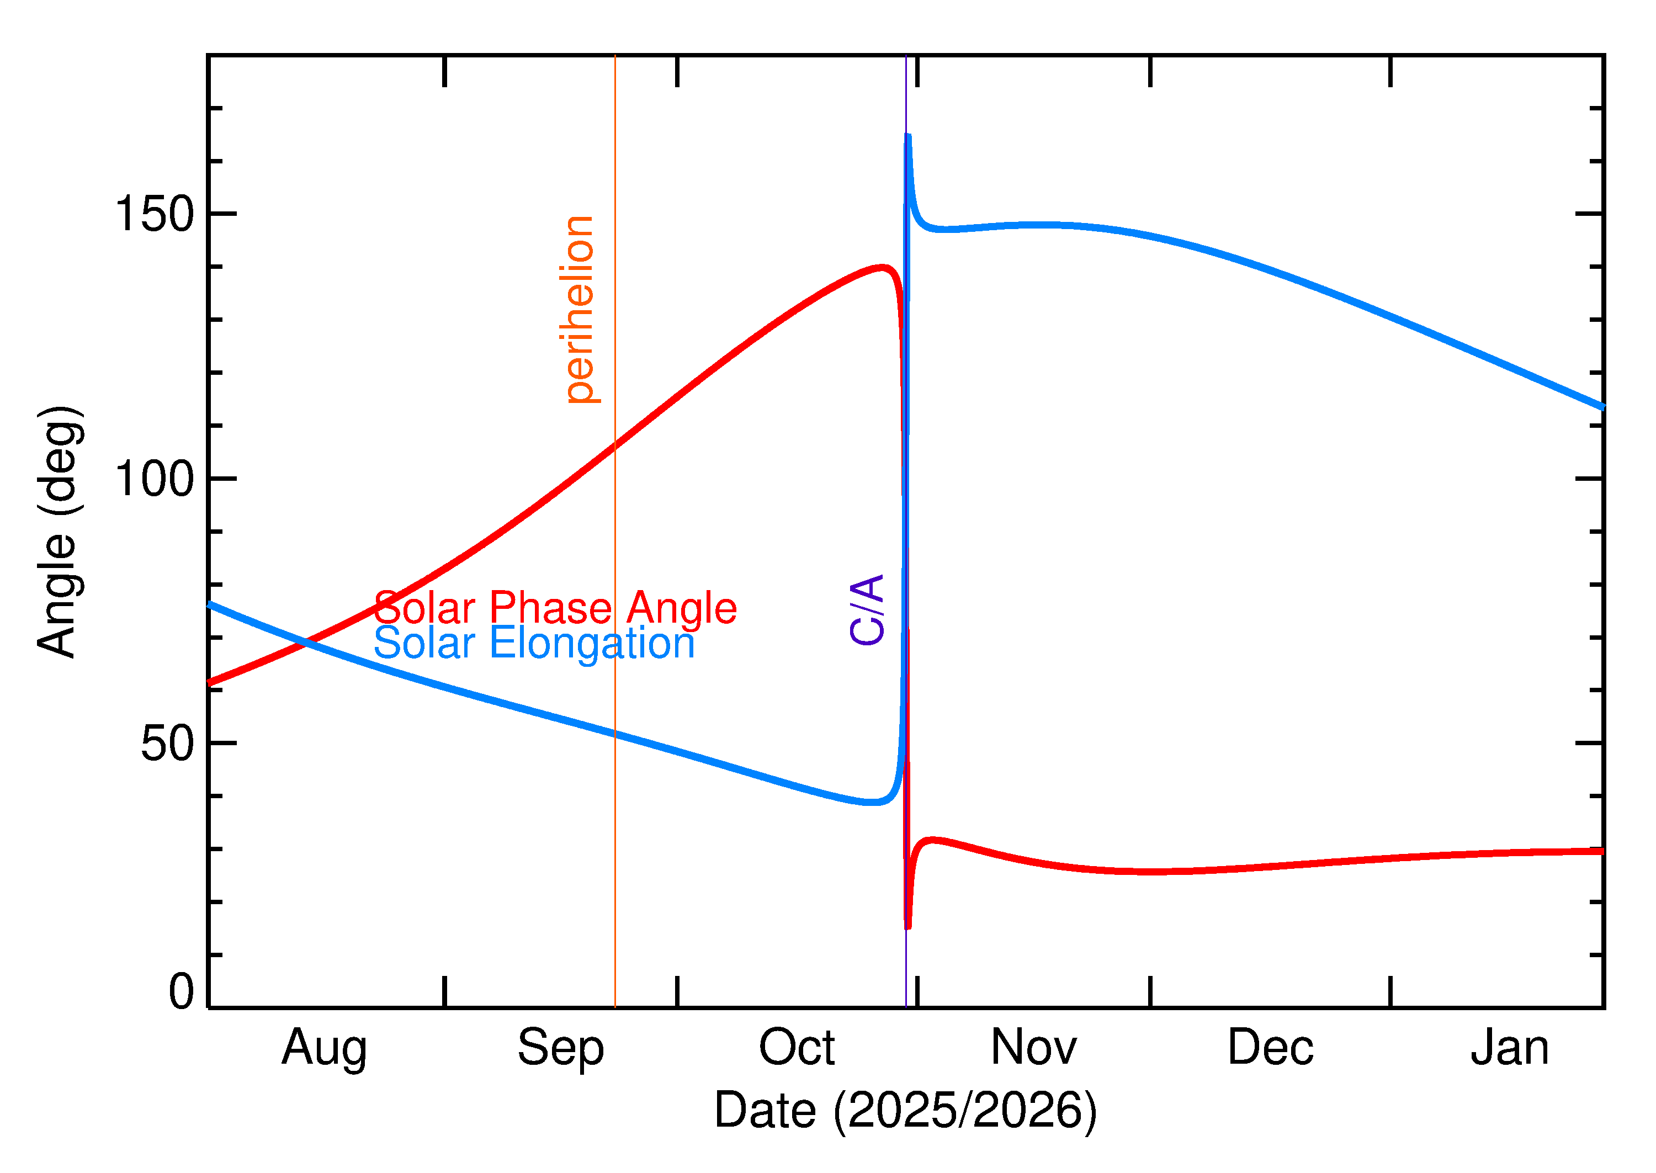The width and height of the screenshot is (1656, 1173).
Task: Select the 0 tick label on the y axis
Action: tap(181, 991)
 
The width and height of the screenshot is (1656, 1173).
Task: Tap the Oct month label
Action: tap(797, 1047)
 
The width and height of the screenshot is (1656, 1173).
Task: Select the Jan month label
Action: tap(1509, 1047)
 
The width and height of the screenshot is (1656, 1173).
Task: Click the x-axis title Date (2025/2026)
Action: tap(906, 1110)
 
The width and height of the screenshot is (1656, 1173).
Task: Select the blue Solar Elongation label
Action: tap(534, 643)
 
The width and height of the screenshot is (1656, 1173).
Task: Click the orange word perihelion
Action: tap(578, 309)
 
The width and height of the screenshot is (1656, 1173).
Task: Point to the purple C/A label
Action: tap(867, 609)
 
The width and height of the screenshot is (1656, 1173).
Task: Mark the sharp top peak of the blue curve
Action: tap(908, 136)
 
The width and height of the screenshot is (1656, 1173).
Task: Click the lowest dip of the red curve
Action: tap(908, 926)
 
